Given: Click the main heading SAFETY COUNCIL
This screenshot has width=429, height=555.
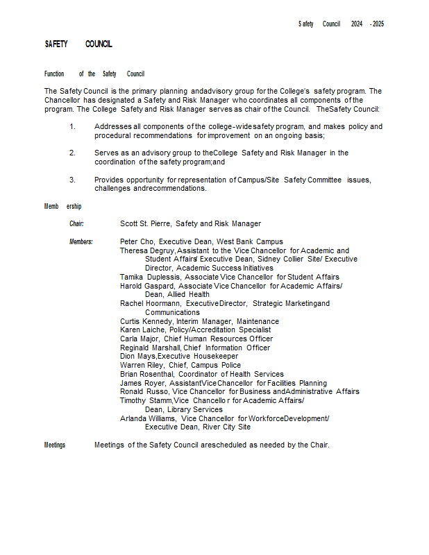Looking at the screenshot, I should (x=78, y=44).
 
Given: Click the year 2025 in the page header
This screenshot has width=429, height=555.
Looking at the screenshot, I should (x=378, y=24).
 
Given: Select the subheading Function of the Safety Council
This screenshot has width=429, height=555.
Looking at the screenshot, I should (x=94, y=74).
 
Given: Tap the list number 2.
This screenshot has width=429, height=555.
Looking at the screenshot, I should (x=72, y=153).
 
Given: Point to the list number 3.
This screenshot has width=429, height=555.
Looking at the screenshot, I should (x=72, y=180).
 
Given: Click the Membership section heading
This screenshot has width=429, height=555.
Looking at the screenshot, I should (x=63, y=206).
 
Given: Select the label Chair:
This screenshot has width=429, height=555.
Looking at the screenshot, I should (x=76, y=223).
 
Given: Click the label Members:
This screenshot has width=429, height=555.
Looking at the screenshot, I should (x=81, y=241).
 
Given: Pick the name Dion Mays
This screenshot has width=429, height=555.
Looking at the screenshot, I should (x=137, y=357).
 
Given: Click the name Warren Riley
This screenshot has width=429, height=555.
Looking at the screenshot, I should (x=142, y=365).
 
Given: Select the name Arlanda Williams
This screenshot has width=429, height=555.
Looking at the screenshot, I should (x=148, y=418).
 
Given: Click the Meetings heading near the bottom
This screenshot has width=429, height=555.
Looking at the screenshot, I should (x=55, y=445).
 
